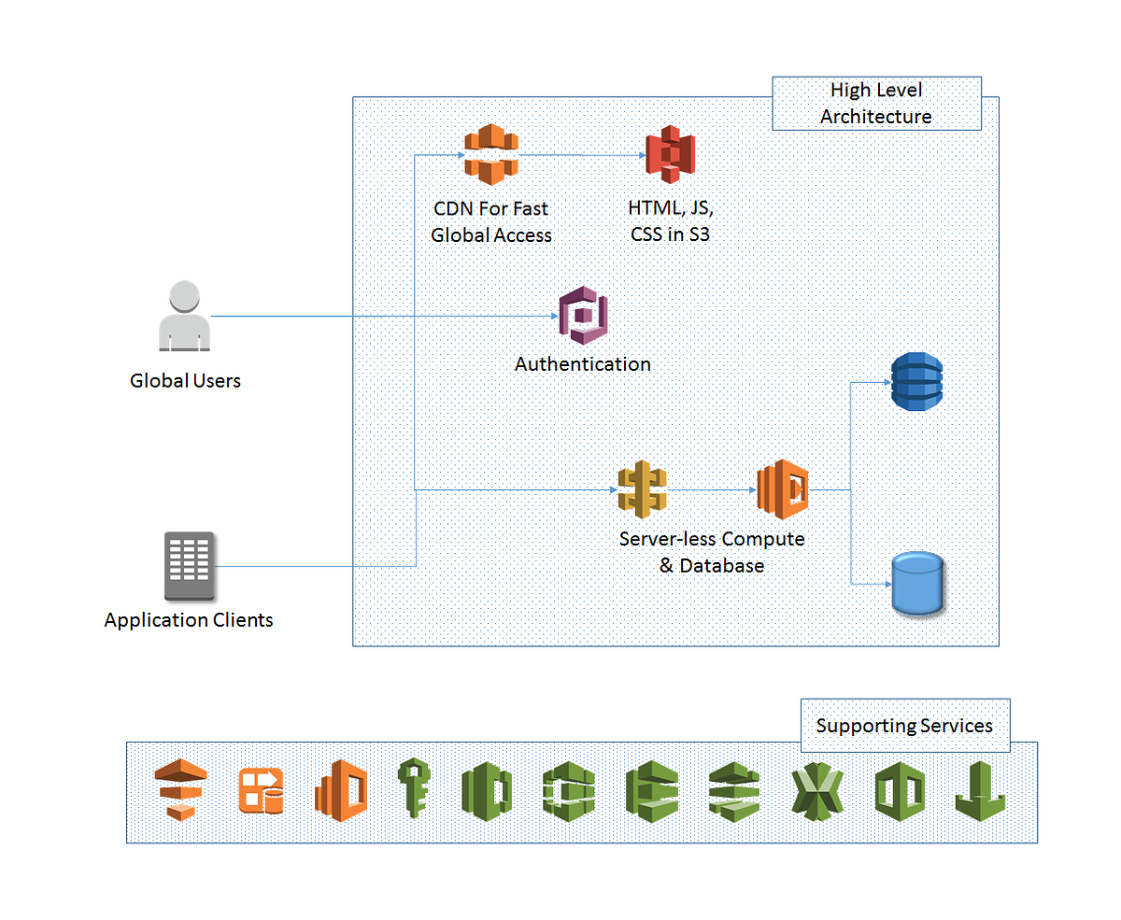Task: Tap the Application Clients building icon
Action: tap(189, 566)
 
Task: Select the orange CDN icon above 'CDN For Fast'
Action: tap(490, 154)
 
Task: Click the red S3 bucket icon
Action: tap(671, 154)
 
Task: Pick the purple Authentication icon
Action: tap(584, 318)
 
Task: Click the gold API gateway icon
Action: tap(643, 488)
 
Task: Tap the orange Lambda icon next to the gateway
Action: tap(782, 488)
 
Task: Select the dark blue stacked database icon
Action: tap(916, 382)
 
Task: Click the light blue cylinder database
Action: tap(916, 584)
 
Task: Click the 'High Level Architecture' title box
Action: tap(876, 104)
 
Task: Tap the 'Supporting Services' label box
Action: tap(904, 726)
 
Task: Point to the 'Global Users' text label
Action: tap(185, 381)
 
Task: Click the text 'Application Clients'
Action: tap(189, 620)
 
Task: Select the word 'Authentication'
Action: tap(583, 364)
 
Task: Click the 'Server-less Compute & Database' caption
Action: tap(712, 552)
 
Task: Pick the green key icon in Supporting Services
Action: tap(413, 789)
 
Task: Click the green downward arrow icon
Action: tap(979, 790)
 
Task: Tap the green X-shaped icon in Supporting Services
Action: tap(816, 791)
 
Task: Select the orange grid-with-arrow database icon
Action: tap(260, 790)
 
